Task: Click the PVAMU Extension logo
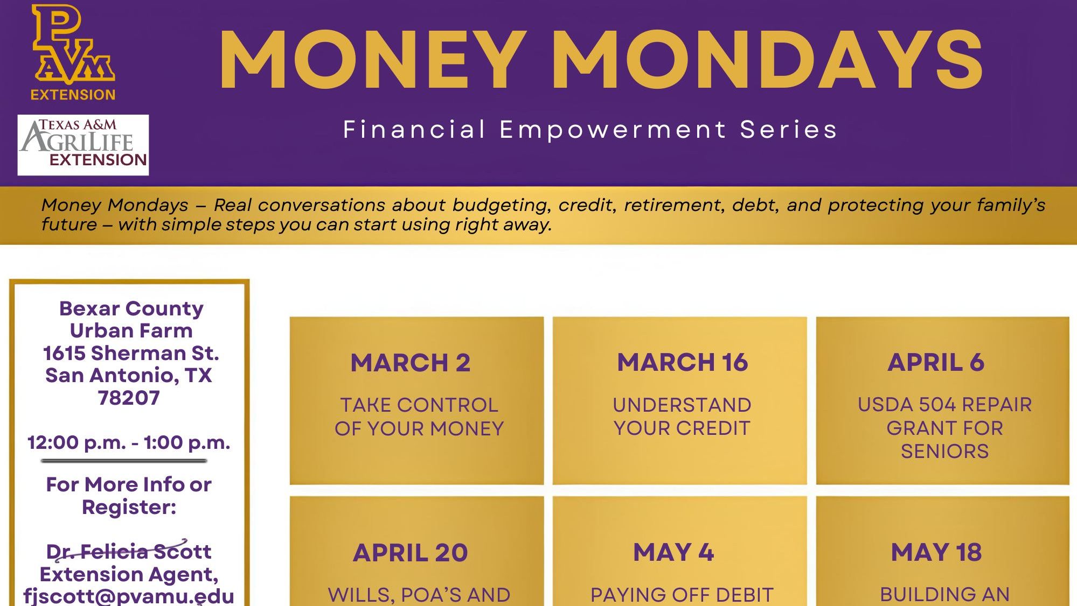point(73,53)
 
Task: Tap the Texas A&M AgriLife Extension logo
point(84,145)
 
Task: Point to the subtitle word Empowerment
point(613,130)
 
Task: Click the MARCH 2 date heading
point(411,363)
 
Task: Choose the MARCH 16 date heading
point(683,362)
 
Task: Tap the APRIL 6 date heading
point(936,362)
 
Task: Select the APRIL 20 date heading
point(411,553)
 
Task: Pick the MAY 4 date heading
point(673,552)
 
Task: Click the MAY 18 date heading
point(936,552)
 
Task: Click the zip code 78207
point(129,398)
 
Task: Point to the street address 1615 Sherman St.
point(131,353)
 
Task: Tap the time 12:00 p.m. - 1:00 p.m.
point(129,442)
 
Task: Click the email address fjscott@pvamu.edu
point(129,596)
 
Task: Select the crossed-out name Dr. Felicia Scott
point(129,551)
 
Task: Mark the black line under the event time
point(124,461)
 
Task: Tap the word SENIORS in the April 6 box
point(944,452)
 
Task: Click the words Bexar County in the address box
point(131,308)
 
